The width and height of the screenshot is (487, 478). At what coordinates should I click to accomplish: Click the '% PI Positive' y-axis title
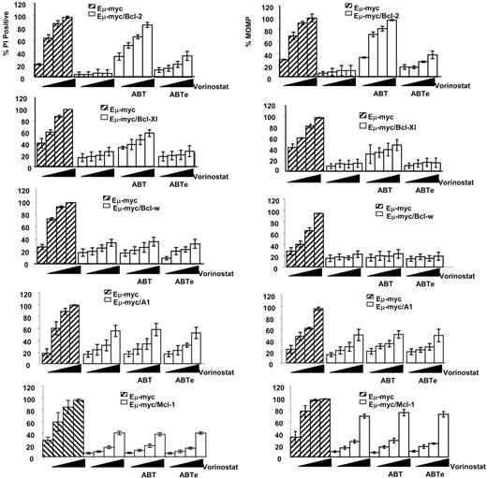click(7, 42)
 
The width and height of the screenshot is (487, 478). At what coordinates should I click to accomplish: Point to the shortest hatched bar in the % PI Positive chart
click(37, 70)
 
